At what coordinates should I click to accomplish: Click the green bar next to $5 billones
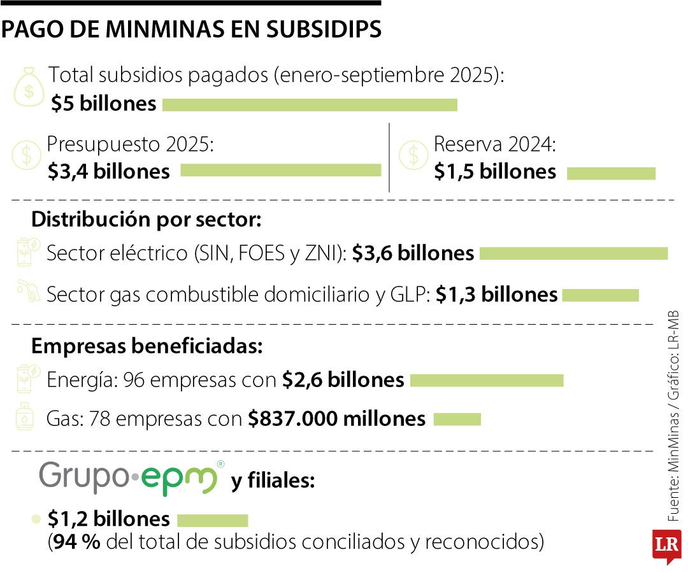coord(310,104)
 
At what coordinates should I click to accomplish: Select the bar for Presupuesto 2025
coord(280,170)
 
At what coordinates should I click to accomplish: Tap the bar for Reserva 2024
coord(610,173)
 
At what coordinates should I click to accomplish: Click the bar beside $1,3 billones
coord(600,295)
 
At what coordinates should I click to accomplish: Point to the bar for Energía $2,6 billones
coord(487,380)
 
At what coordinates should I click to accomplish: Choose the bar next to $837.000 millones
coord(457,419)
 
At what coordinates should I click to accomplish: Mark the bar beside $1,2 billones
coord(212,520)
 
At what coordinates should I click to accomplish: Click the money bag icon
coord(29,88)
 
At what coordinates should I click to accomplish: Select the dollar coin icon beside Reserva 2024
coord(413,155)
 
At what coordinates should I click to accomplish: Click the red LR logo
coord(666,546)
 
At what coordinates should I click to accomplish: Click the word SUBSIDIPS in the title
coord(323,29)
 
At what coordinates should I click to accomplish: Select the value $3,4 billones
coord(109,171)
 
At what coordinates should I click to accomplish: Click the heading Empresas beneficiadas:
coord(146,346)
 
